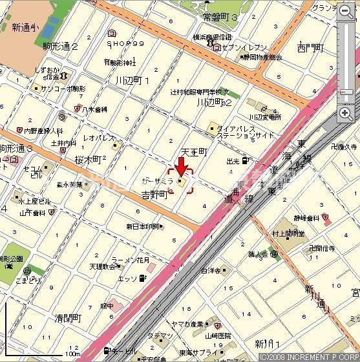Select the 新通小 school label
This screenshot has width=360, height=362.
[x=25, y=27]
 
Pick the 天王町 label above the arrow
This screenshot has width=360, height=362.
[x=193, y=152]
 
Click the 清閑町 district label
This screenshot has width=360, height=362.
[x=68, y=318]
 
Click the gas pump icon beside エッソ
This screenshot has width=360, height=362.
[x=142, y=279]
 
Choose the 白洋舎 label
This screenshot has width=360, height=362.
[x=211, y=270]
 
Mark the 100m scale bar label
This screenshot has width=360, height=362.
[x=72, y=354]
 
